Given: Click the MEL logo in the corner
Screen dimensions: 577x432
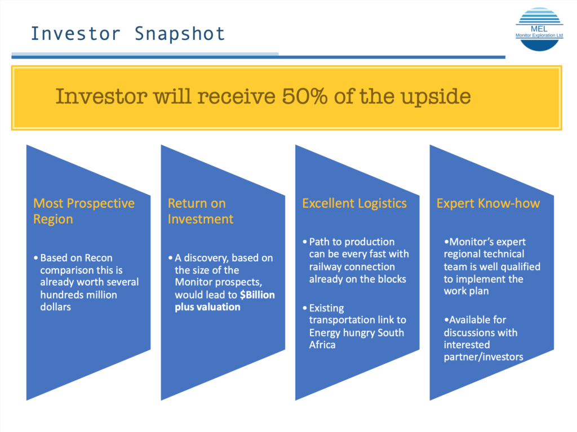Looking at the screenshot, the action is pyautogui.click(x=539, y=29).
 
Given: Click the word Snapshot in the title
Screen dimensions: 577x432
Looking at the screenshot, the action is pyautogui.click(x=180, y=34).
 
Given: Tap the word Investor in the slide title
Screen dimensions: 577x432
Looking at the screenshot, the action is pyautogui.click(x=76, y=34).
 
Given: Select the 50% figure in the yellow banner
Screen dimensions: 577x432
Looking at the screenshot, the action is pyautogui.click(x=305, y=96).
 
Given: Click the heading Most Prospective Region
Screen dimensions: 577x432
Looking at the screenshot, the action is pyautogui.click(x=84, y=211).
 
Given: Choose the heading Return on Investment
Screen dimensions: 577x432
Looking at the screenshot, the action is pyautogui.click(x=201, y=211).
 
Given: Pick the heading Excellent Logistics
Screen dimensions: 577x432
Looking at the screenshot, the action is pyautogui.click(x=354, y=203).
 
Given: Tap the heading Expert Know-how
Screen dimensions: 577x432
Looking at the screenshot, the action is pyautogui.click(x=489, y=203).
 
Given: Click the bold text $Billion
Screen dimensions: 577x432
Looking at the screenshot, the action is pyautogui.click(x=257, y=295).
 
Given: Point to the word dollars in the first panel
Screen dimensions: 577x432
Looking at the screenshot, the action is pyautogui.click(x=56, y=307).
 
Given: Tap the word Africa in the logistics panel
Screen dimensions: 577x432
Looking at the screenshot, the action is pyautogui.click(x=322, y=345).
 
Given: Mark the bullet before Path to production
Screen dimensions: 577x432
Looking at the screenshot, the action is pyautogui.click(x=305, y=242).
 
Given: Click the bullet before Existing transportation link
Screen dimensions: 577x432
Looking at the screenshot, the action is pyautogui.click(x=305, y=308).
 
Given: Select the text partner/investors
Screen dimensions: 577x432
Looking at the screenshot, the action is pyautogui.click(x=483, y=357).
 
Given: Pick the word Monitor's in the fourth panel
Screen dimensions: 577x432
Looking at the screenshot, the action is pyautogui.click(x=469, y=242).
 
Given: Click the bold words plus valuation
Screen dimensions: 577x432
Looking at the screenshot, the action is pyautogui.click(x=207, y=308).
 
